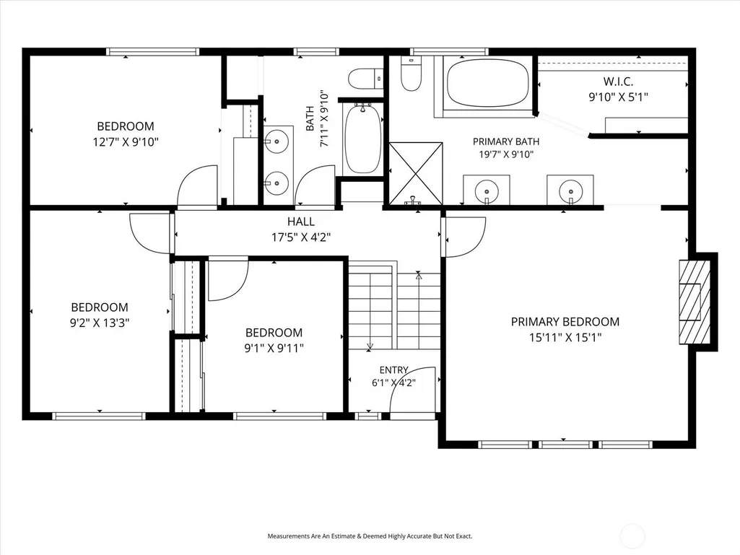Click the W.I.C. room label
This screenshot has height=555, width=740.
618,82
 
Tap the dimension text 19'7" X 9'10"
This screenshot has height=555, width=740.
506,154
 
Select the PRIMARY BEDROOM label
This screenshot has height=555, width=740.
565,322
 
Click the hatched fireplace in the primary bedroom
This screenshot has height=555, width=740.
695,302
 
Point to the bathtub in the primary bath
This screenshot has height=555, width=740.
487,83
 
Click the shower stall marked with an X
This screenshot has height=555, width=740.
415,174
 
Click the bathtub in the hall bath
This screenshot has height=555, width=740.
362,139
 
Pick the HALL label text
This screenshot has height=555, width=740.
301,222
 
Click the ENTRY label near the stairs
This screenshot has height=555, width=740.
394,370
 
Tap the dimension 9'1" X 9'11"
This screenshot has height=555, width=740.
274,349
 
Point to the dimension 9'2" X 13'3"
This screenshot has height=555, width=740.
100,323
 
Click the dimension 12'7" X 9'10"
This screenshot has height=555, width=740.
126,141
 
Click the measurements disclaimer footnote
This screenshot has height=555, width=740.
370,536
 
